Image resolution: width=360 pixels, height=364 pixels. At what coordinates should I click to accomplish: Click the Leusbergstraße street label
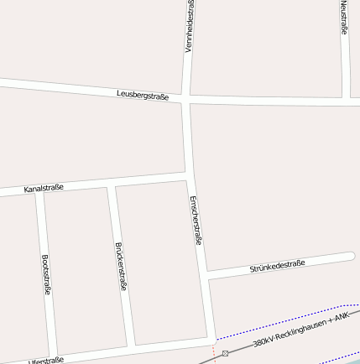click(143, 96)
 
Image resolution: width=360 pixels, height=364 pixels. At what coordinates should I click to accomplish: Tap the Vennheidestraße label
click(190, 26)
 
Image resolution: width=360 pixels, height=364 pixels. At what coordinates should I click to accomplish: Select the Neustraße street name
click(344, 18)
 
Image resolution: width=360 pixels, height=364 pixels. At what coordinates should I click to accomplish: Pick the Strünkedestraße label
click(277, 267)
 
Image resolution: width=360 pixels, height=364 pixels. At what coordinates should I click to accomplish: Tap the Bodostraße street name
click(46, 275)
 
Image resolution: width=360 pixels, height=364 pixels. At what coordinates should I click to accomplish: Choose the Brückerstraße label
click(121, 266)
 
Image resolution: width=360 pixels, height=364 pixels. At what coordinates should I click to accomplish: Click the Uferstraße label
click(46, 361)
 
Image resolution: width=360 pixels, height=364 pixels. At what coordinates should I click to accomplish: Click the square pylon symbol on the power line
click(225, 353)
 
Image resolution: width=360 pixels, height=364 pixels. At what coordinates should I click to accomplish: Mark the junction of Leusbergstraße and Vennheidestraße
click(185, 99)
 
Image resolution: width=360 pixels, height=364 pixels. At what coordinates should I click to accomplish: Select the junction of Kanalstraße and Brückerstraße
click(110, 184)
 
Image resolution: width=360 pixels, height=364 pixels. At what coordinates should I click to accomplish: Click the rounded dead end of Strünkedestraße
click(350, 257)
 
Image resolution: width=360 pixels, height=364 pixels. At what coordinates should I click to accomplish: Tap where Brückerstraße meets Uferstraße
click(132, 346)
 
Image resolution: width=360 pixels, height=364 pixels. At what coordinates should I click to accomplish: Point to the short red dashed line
click(214, 352)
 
